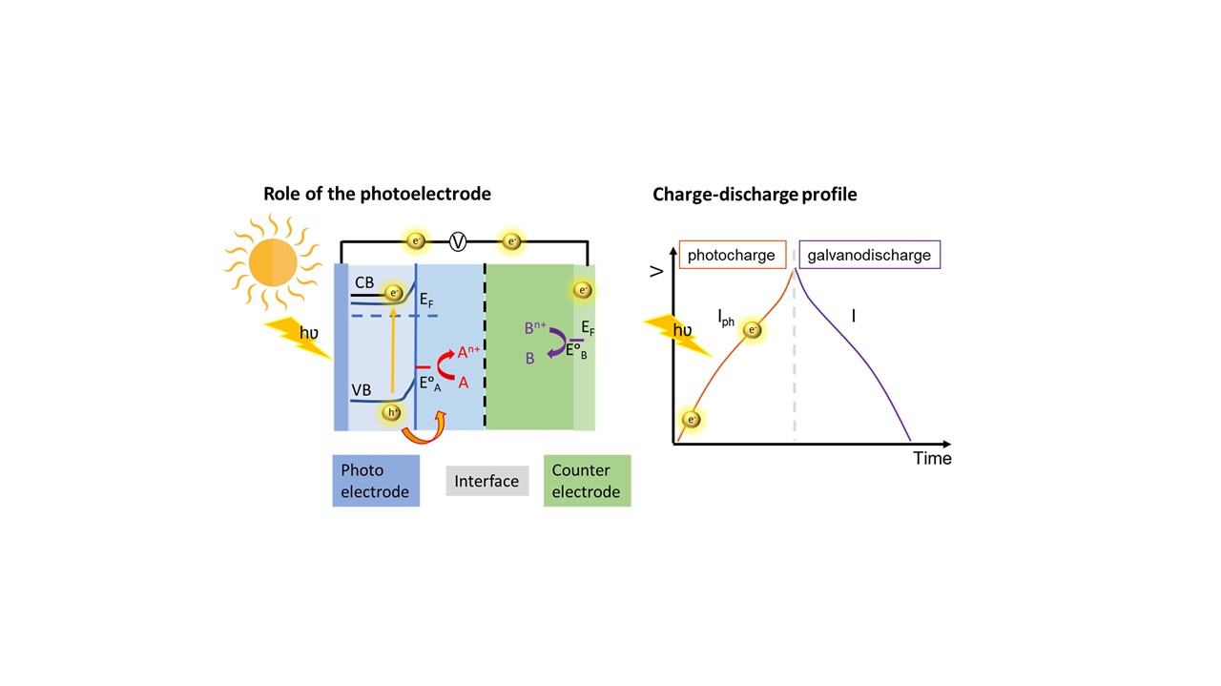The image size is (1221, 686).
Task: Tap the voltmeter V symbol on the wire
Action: click(x=458, y=241)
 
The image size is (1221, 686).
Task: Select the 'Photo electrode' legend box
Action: click(x=376, y=481)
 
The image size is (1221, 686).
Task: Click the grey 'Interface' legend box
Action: click(x=486, y=481)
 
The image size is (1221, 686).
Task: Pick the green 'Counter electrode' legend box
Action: click(x=587, y=481)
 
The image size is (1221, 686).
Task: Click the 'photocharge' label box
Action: click(x=733, y=256)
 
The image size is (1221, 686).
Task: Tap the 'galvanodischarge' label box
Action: click(x=869, y=256)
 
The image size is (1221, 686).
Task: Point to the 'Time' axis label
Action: click(x=932, y=459)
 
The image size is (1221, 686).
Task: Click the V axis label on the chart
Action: click(x=656, y=272)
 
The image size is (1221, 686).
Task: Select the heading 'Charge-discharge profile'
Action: click(x=755, y=195)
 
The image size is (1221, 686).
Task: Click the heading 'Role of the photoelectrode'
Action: click(x=377, y=195)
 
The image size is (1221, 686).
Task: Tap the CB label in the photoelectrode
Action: click(x=363, y=283)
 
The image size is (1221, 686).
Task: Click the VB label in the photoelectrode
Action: click(x=362, y=390)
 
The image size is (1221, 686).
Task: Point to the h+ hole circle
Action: click(x=391, y=413)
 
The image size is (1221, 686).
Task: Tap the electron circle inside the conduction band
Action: click(x=393, y=293)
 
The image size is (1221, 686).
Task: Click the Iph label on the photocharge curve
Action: click(x=726, y=319)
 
